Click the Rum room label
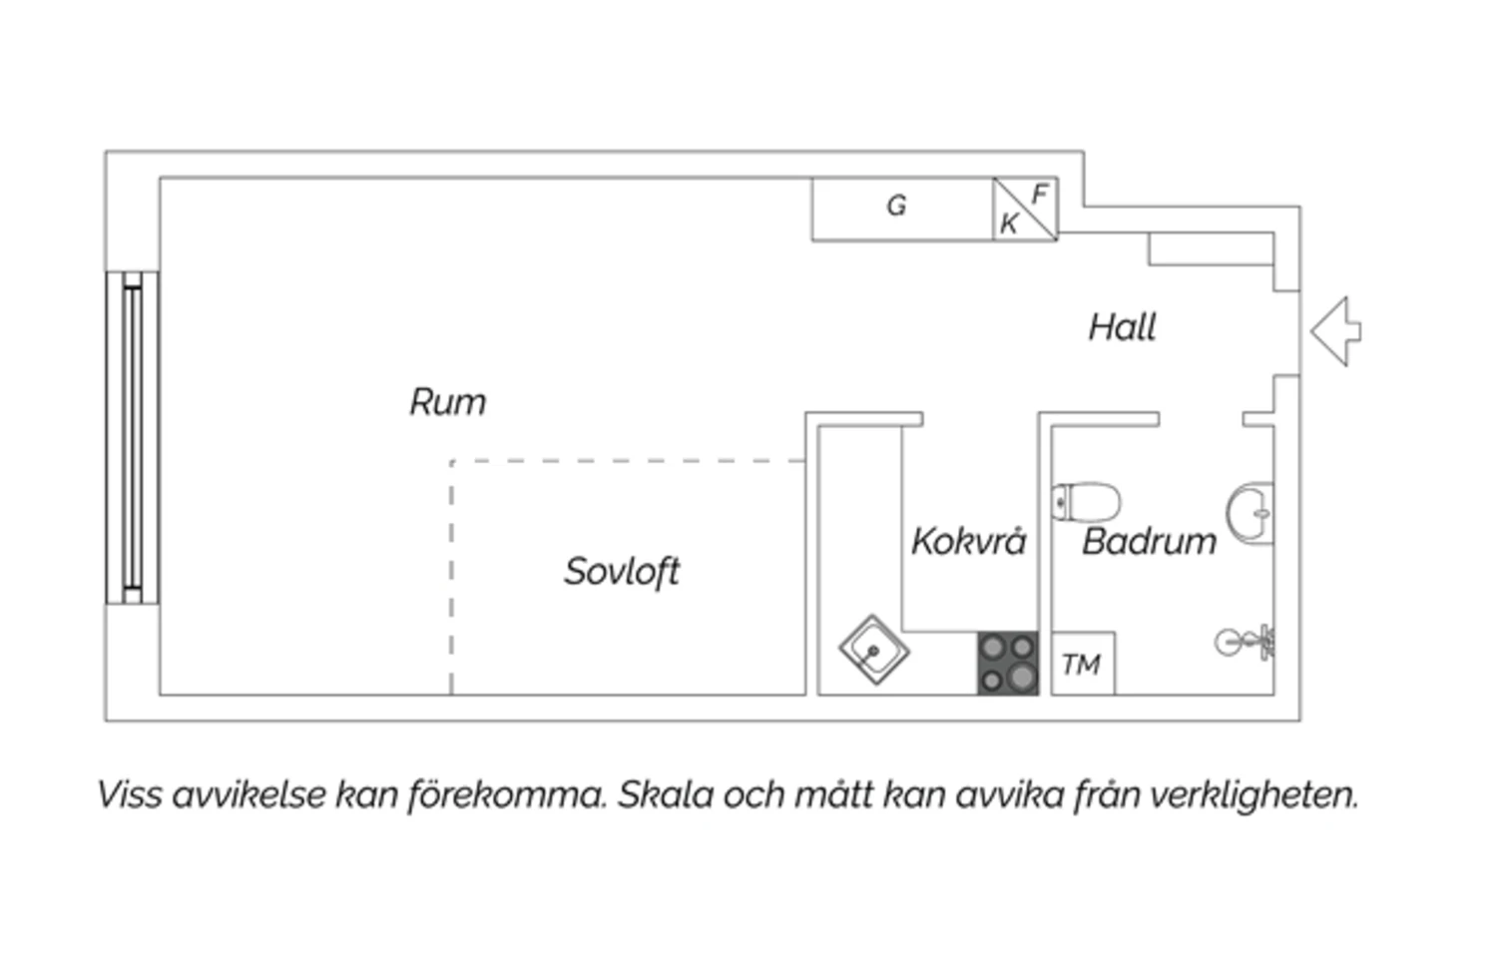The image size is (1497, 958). click(448, 402)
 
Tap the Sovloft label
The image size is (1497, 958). click(622, 572)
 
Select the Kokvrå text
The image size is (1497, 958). click(968, 541)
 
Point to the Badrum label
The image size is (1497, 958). click(1149, 541)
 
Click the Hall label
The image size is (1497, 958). click(1122, 327)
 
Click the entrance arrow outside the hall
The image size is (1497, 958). click(1336, 331)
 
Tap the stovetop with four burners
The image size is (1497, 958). click(1008, 663)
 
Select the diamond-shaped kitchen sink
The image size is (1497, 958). click(873, 650)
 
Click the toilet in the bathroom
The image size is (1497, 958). click(1087, 502)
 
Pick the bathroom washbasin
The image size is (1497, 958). click(1250, 513)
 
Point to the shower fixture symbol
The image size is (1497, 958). click(1245, 643)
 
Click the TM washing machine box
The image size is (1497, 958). click(1083, 664)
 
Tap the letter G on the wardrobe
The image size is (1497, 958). click(897, 206)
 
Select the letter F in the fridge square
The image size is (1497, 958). click(1039, 195)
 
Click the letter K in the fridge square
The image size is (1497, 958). click(1009, 224)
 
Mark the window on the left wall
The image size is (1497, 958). click(133, 437)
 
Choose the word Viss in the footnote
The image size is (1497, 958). click(130, 795)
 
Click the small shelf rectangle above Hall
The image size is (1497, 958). click(1211, 249)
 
